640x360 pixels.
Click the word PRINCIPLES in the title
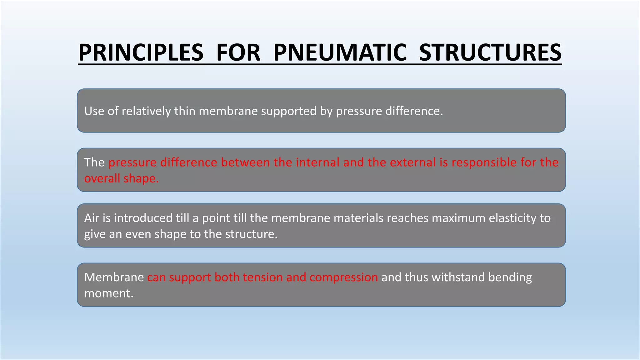pos(141,52)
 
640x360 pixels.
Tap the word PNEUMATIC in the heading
pos(340,52)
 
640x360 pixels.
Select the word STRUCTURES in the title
pos(490,52)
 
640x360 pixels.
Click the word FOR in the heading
pos(238,52)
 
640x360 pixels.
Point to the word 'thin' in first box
pos(185,111)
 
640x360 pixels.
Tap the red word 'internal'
pos(318,162)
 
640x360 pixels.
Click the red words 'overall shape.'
pos(121,178)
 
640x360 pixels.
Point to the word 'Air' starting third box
pos(92,218)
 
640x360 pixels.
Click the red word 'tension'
pos(262,277)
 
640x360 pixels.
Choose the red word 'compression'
pos(344,277)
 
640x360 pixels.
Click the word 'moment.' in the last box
pos(109,293)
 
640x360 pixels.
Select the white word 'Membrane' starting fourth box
pos(114,277)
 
